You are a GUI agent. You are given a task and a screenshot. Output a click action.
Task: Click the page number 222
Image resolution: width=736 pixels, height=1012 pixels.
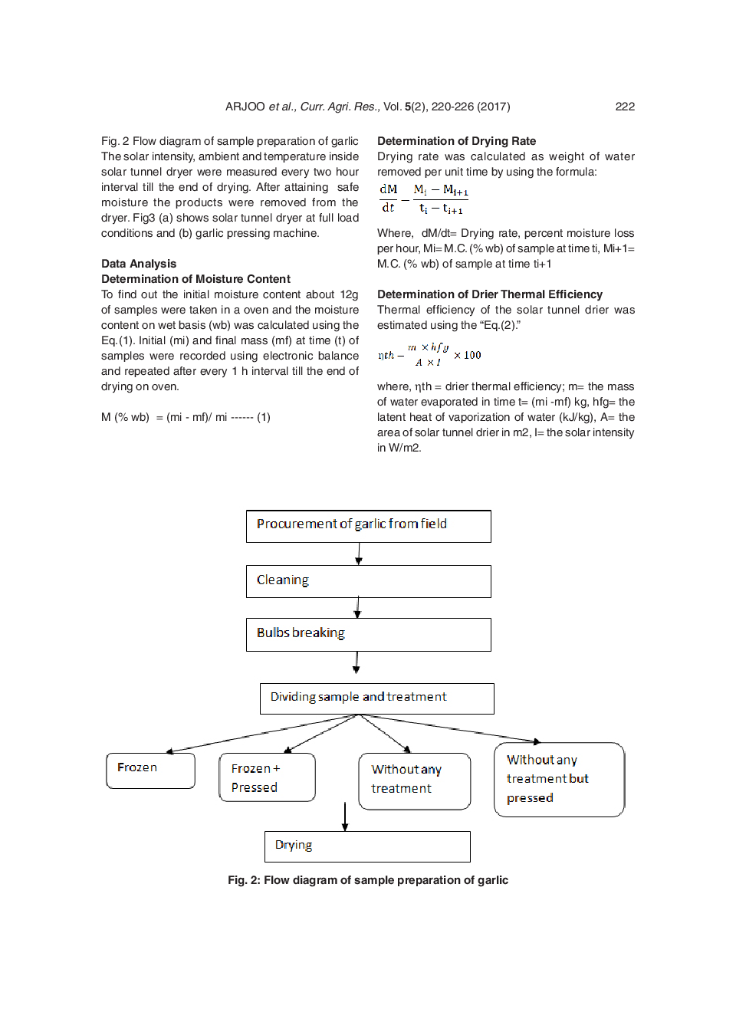624,107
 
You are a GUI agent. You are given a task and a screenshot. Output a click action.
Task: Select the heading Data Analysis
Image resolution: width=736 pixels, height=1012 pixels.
139,264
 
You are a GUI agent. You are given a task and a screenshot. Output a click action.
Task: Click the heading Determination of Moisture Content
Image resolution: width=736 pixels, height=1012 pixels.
195,279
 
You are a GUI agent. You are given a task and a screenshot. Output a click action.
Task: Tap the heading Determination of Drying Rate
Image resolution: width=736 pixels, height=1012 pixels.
456,141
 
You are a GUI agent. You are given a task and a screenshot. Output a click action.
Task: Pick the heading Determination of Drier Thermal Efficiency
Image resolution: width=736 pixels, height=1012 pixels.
489,294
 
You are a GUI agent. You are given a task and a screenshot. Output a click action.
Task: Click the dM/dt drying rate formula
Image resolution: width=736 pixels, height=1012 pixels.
423,199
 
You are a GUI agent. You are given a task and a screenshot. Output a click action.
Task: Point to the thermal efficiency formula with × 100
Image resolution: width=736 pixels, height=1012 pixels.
429,355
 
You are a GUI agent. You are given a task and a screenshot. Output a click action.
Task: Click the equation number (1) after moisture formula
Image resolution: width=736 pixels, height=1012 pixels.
263,417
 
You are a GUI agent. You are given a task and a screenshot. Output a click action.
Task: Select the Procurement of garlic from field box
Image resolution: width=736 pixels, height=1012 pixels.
368,526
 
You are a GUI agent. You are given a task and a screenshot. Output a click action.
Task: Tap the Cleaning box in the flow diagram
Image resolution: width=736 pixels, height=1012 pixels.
368,581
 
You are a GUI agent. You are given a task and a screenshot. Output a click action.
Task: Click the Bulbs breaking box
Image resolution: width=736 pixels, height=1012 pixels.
368,635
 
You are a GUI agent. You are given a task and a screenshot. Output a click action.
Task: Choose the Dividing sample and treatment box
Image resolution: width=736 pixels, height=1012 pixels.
376,698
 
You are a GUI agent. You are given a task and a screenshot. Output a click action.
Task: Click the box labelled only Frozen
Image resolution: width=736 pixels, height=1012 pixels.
150,770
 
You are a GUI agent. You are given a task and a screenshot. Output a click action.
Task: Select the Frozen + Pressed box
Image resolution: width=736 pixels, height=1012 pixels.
267,777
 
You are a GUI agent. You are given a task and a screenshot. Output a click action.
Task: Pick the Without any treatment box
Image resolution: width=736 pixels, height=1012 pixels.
414,780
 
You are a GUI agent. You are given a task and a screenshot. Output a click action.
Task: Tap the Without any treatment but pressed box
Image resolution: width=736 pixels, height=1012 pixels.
559,779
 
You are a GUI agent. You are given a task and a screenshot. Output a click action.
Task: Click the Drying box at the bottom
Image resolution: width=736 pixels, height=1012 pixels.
367,846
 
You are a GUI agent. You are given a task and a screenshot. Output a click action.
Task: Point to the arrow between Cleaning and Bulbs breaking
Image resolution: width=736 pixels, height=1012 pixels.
357,608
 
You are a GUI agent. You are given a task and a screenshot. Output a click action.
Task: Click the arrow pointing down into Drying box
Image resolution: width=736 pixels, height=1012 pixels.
345,816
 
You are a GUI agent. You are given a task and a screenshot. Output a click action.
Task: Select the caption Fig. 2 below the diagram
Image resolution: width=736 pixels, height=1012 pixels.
367,880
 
